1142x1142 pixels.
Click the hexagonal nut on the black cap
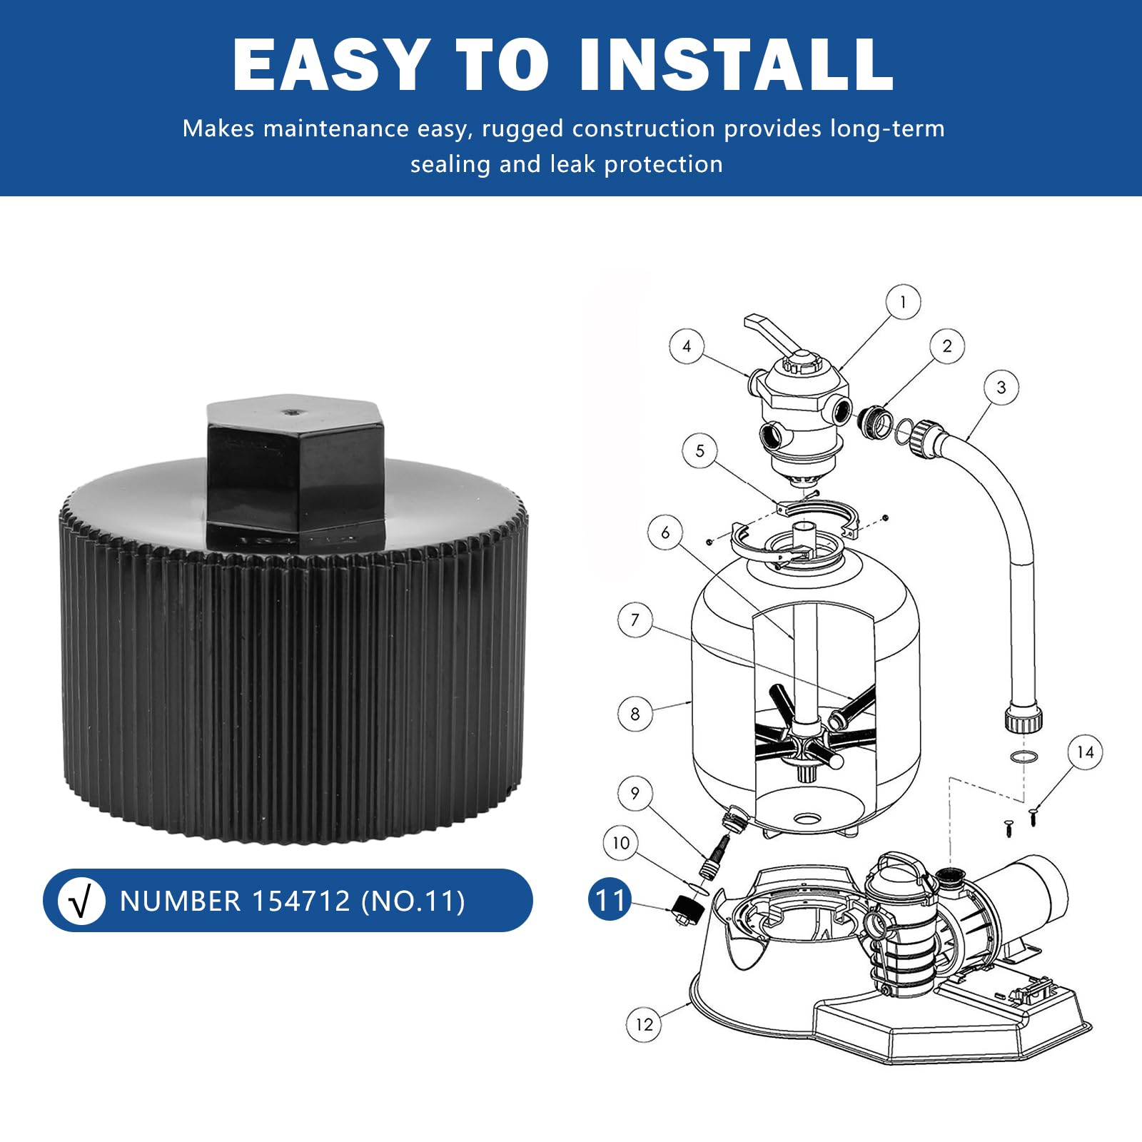295,471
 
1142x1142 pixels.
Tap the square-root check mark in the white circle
81,901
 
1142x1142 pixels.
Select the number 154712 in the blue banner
301,901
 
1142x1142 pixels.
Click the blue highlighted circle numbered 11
610,899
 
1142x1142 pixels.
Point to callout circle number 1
903,303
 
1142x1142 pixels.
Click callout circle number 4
687,346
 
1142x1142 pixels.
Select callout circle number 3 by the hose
1001,388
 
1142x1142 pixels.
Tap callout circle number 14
1085,752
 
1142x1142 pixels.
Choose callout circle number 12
644,1025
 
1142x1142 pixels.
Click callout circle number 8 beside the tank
635,714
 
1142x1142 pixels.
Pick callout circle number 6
665,532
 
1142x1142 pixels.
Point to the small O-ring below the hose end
1024,757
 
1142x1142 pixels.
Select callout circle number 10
621,843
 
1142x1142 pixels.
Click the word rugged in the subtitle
522,129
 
